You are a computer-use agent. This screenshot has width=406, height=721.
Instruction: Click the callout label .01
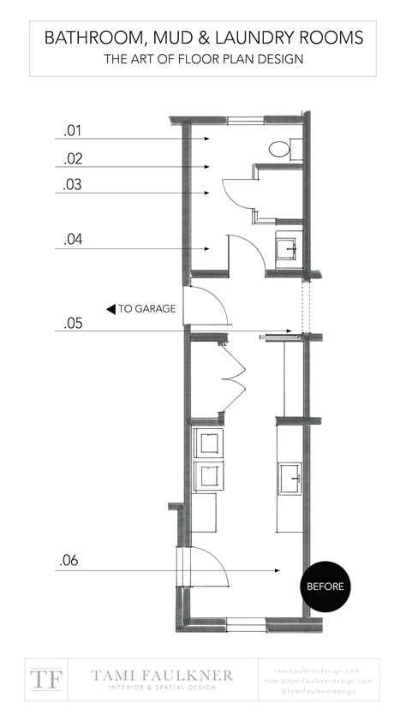tap(73, 131)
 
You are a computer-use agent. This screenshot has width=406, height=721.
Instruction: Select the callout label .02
tap(73, 159)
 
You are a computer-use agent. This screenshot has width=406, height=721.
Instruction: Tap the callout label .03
tap(73, 186)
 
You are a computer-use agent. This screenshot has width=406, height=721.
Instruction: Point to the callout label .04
tap(73, 241)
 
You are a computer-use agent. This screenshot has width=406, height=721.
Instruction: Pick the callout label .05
tap(73, 324)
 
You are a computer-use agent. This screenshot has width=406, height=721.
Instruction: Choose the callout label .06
tap(70, 562)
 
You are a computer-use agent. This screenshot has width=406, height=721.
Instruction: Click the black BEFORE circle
tap(325, 587)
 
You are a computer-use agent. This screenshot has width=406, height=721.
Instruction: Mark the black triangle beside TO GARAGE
tap(110, 309)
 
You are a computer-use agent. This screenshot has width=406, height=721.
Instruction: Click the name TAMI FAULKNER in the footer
tap(162, 675)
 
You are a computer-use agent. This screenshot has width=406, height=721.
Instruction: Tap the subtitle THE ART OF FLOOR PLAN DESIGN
tap(203, 59)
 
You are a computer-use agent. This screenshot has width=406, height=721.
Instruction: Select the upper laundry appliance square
tap(207, 443)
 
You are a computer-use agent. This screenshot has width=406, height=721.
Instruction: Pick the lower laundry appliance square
tap(207, 474)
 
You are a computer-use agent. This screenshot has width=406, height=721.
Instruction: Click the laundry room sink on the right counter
tap(289, 475)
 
